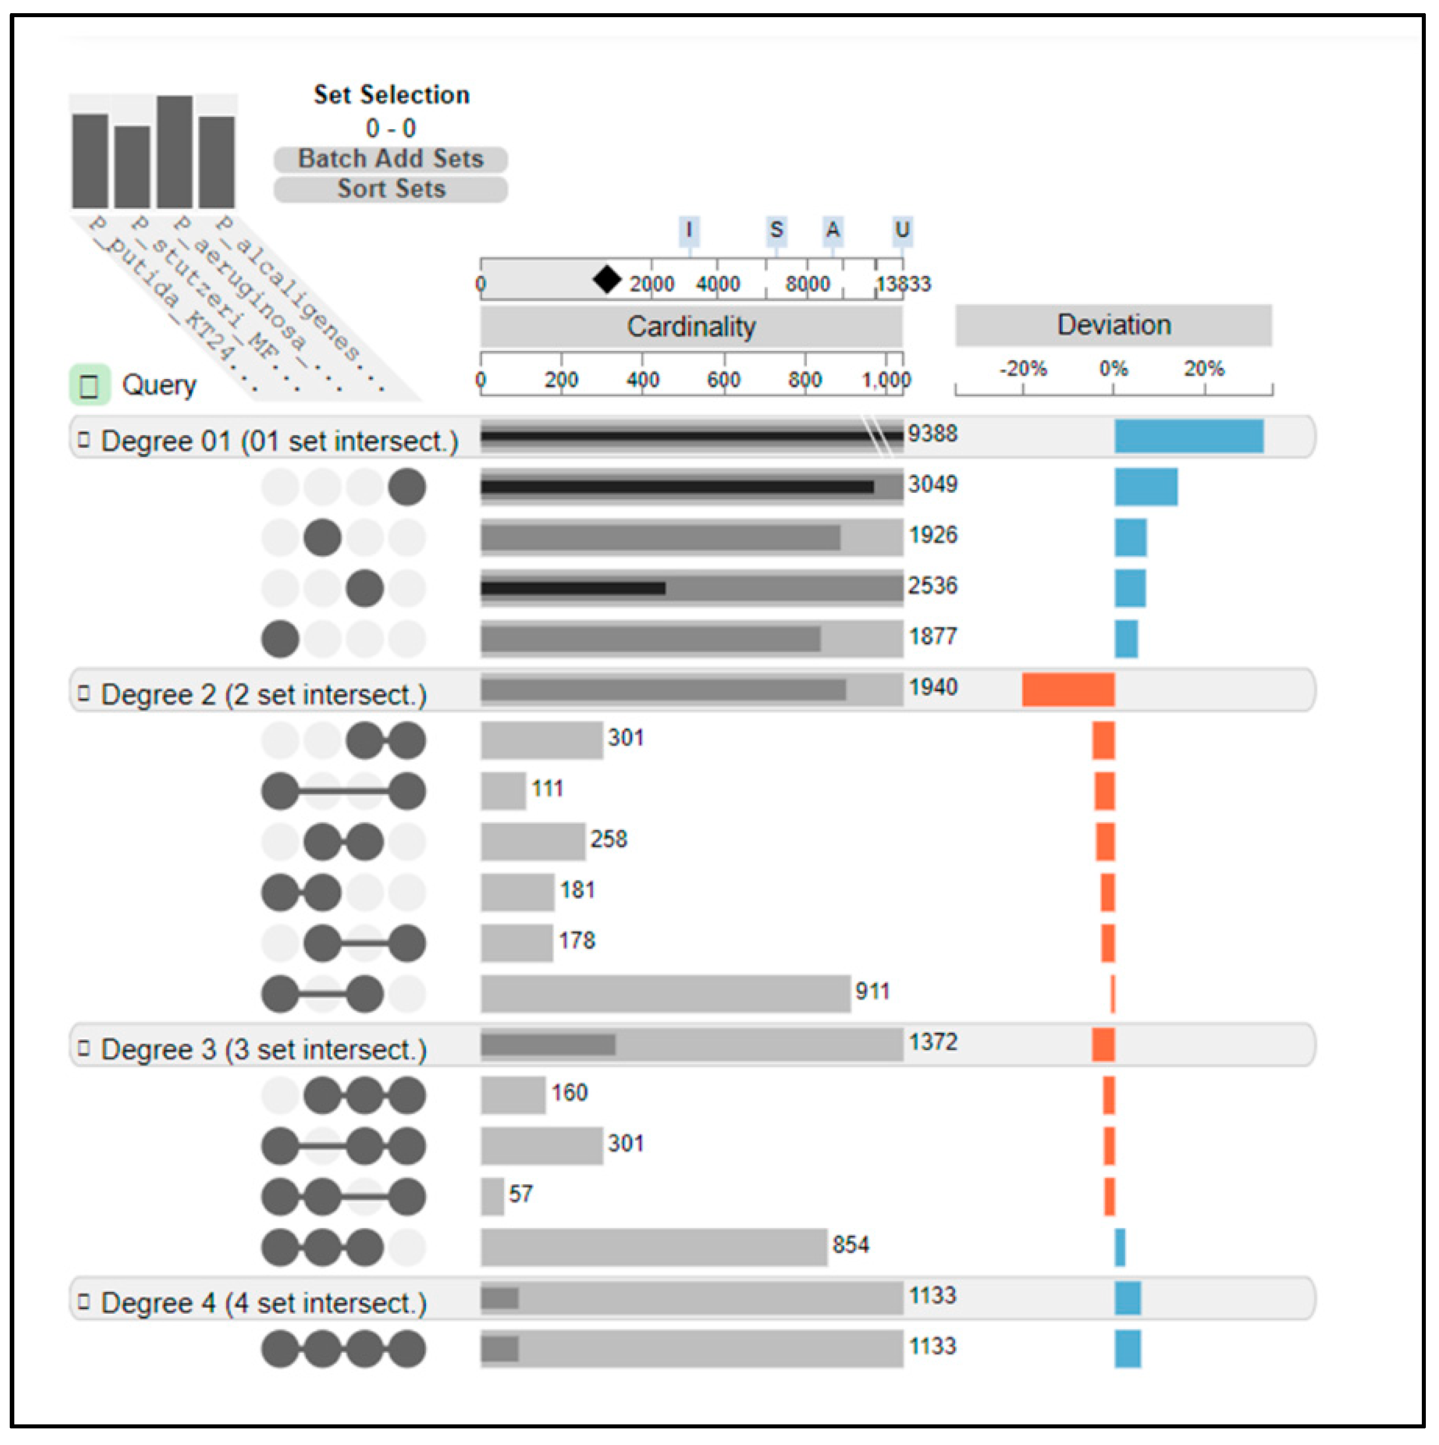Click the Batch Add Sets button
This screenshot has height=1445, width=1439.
[391, 159]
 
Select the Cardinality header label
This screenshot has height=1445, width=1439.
[691, 327]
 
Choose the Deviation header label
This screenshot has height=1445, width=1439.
[1113, 325]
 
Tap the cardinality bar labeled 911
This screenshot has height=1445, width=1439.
[665, 994]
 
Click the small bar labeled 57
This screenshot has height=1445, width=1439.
[492, 1197]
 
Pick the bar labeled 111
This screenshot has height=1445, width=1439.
[503, 791]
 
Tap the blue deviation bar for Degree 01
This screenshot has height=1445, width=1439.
[1188, 437]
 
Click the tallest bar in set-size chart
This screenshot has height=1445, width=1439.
[174, 152]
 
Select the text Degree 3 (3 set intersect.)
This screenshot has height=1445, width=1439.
[263, 1049]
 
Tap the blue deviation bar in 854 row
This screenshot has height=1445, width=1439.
[1119, 1247]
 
